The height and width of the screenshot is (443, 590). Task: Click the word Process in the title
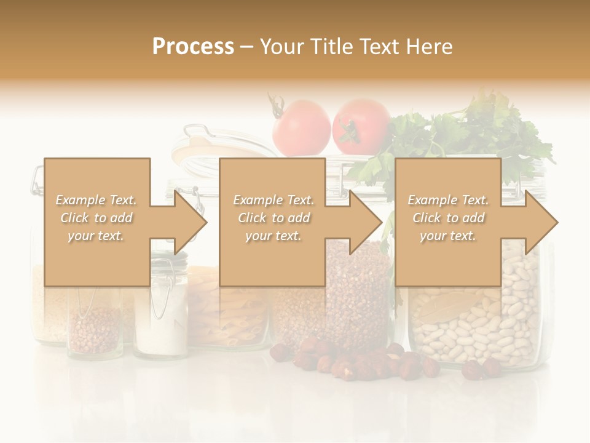click(193, 46)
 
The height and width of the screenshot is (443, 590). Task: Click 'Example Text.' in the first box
click(96, 200)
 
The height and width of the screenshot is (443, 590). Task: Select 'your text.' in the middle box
click(273, 236)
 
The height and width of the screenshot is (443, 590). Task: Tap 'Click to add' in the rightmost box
click(449, 218)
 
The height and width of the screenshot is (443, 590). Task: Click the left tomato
click(301, 127)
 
